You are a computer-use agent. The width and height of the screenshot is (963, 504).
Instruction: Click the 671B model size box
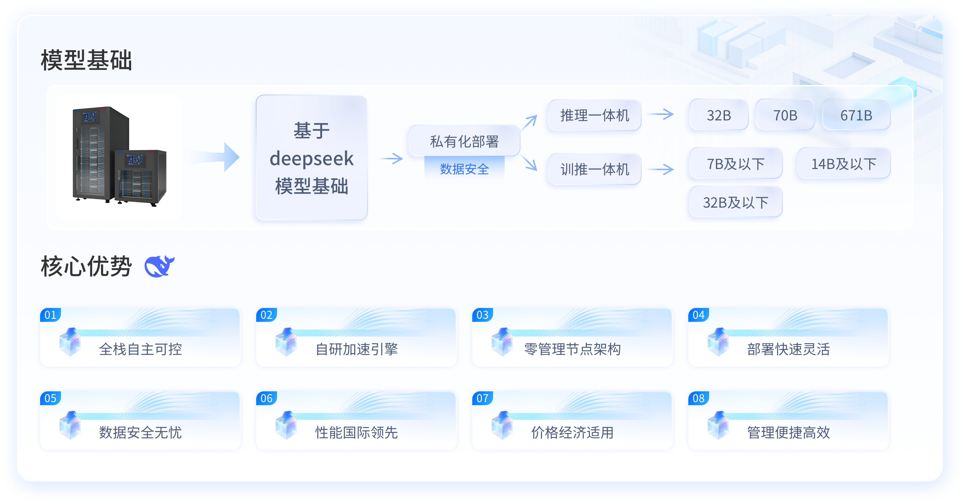coord(856,115)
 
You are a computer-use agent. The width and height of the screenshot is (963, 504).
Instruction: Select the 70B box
coord(785,115)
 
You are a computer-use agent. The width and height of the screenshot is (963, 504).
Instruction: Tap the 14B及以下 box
coord(844,164)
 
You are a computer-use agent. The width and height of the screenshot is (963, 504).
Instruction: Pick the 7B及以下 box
coord(736,164)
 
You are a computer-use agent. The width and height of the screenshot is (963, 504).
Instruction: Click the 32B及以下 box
coord(736,202)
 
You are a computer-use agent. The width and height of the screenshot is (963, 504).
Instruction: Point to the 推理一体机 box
coord(595,115)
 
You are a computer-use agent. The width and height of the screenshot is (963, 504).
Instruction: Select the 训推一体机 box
coord(595,169)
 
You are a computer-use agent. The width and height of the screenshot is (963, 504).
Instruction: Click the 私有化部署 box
coord(464,141)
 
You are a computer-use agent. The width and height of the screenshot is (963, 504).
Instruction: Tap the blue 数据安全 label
coord(464,169)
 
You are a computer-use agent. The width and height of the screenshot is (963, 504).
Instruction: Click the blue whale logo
coord(159,266)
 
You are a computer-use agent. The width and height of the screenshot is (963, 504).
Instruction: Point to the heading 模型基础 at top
coord(86,60)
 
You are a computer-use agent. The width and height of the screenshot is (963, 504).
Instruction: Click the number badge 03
coord(482,315)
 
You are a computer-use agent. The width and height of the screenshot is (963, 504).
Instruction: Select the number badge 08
coord(698,398)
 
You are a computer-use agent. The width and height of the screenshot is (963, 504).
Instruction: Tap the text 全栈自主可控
coord(140,349)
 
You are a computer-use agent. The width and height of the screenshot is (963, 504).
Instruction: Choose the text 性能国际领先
coord(356,432)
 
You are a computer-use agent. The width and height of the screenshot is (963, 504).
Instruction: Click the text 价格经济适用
coord(573,432)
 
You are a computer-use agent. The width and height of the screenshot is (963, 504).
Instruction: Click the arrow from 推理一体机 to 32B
coord(661,114)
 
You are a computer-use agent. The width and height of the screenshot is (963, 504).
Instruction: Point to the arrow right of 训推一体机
coord(661,169)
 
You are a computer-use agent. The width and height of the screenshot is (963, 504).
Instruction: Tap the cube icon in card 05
coord(70,425)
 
